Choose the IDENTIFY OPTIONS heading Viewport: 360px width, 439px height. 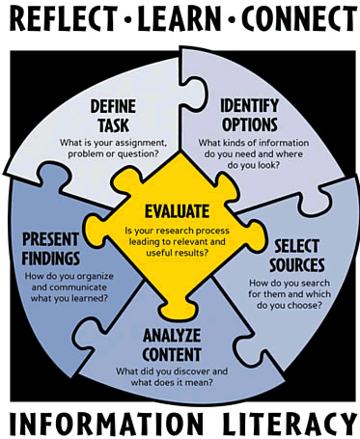click(x=250, y=114)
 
